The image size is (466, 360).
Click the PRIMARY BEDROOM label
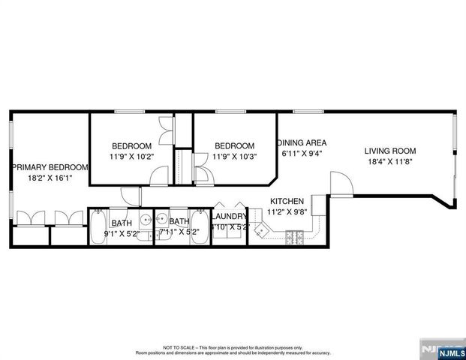(x=50, y=167)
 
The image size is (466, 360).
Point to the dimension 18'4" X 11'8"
(x=390, y=161)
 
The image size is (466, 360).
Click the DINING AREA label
(x=302, y=142)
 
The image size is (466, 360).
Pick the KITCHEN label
(x=287, y=201)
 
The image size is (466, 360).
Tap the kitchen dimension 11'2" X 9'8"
(x=287, y=212)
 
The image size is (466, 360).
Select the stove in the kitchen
(x=293, y=240)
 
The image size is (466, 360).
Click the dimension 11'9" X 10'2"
(x=132, y=157)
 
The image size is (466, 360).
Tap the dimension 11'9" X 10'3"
(x=234, y=157)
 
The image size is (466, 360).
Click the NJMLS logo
(x=442, y=349)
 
